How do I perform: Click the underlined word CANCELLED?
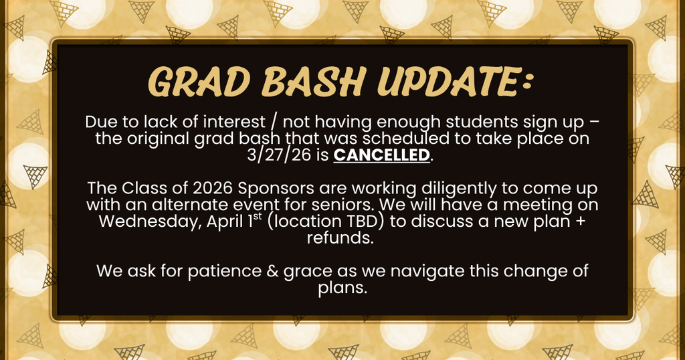tap(381, 156)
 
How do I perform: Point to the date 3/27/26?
tap(280, 156)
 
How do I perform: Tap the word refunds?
tap(340, 238)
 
